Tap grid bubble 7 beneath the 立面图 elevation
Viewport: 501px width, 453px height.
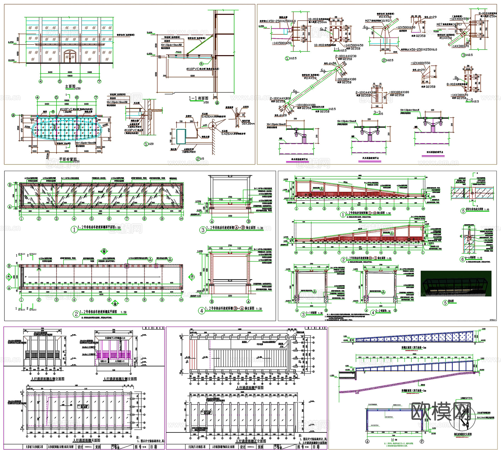(x=99, y=81)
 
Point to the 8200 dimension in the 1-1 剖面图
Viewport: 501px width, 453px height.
(x=193, y=76)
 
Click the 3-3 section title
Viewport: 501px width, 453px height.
(x=377, y=112)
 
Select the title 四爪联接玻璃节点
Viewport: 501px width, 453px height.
(x=435, y=152)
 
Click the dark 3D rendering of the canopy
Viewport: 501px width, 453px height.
(x=456, y=283)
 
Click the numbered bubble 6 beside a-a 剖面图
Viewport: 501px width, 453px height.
(x=462, y=259)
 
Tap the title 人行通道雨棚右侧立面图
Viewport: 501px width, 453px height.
(x=48, y=379)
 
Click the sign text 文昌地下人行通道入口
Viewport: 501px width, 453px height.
(x=115, y=338)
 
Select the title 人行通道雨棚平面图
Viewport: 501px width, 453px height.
(x=250, y=388)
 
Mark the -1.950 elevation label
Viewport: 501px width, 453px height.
(x=332, y=376)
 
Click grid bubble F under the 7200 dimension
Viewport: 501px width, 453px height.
(x=422, y=441)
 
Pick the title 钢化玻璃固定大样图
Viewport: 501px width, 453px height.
(x=463, y=434)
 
